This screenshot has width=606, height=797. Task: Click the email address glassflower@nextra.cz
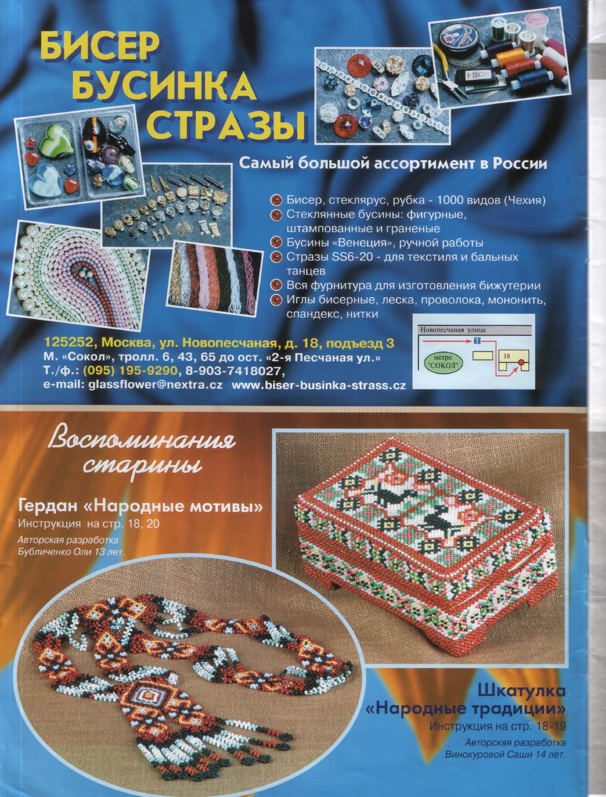(155, 386)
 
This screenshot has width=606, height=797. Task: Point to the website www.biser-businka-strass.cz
(319, 386)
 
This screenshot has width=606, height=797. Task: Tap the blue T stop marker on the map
(477, 340)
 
